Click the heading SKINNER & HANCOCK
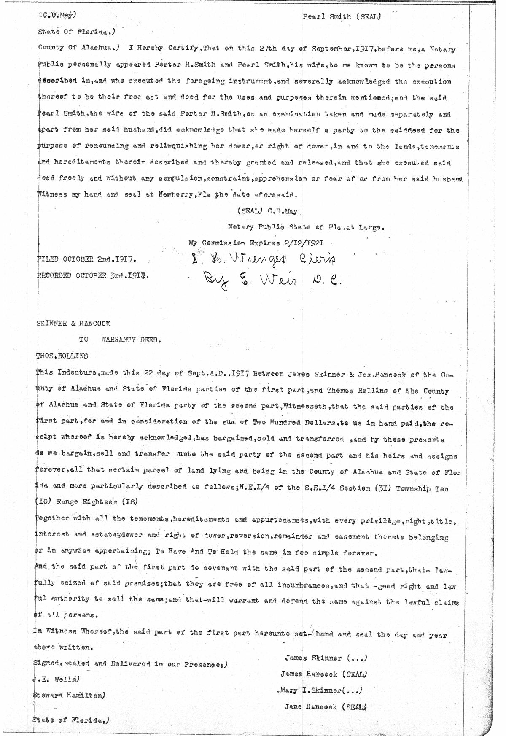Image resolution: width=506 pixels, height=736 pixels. click(74, 324)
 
